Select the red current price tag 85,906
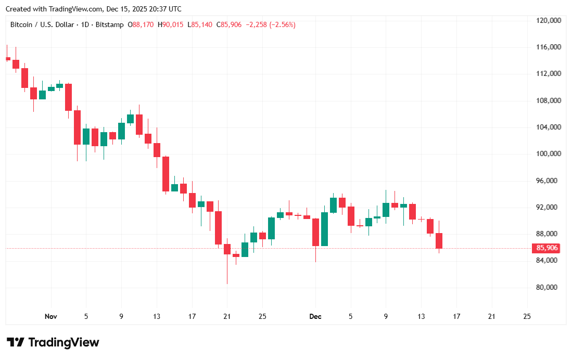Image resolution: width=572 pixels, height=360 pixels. tap(547, 248)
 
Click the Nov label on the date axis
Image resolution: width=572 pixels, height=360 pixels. tap(50, 316)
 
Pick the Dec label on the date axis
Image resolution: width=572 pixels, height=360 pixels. tap(315, 316)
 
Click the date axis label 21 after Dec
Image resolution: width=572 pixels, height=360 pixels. tap(491, 316)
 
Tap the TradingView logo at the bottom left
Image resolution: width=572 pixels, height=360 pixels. tap(53, 342)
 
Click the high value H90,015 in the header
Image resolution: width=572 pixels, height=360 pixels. tap(171, 25)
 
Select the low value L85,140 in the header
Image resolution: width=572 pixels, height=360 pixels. tap(200, 25)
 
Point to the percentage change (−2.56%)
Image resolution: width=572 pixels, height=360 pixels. tap(282, 25)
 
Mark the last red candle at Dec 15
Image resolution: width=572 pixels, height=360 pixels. tap(439, 240)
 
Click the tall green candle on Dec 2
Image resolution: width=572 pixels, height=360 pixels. tap(324, 229)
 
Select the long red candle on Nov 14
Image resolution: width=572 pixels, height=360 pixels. tap(166, 174)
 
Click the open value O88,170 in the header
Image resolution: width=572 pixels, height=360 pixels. tap(141, 25)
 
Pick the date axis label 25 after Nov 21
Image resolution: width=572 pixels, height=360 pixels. tap(262, 316)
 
